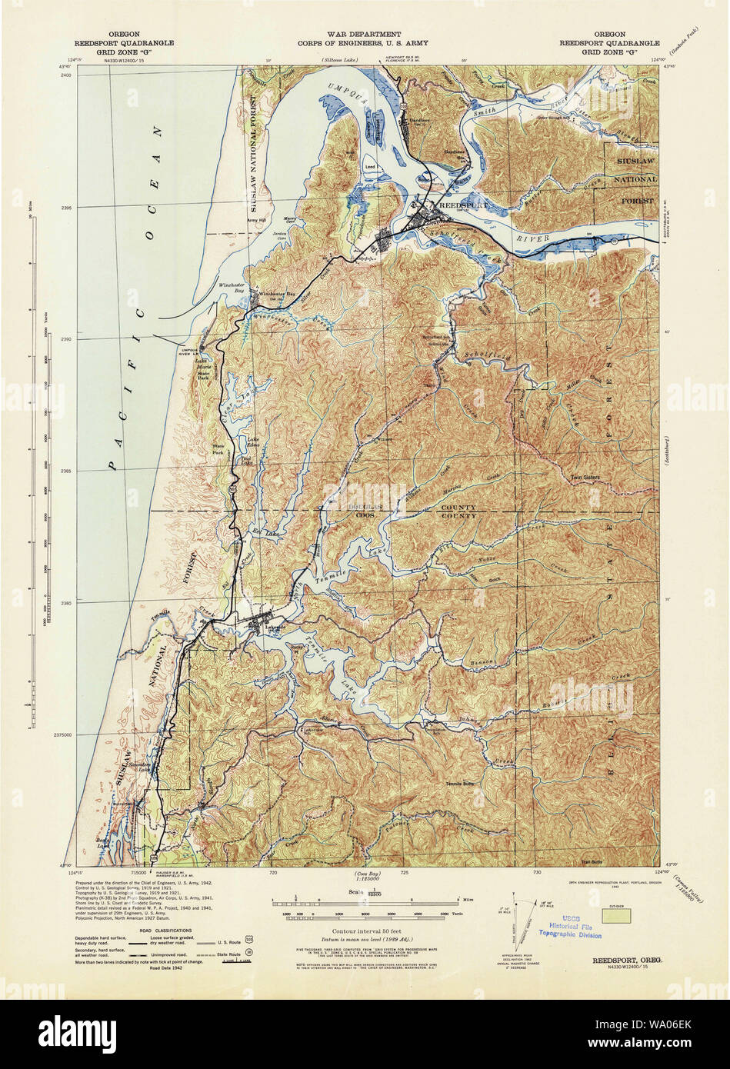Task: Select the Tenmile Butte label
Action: pyautogui.click(x=460, y=784)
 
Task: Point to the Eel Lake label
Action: pyautogui.click(x=264, y=531)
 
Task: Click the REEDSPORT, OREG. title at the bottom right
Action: pyautogui.click(x=630, y=961)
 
